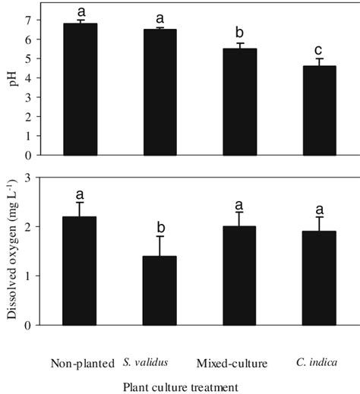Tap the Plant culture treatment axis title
180,386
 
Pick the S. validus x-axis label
158,364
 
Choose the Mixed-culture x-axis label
238,364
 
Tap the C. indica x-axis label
317,364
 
